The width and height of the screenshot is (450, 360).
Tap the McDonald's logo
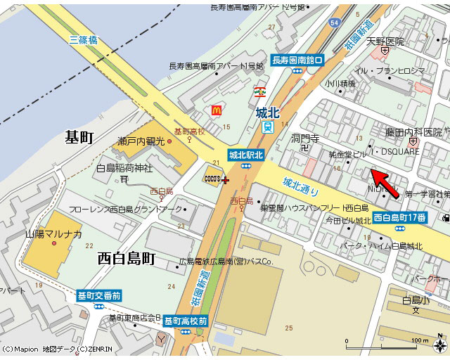point(217,110)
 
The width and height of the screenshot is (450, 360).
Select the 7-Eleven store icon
point(260,91)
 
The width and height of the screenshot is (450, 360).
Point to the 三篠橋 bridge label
point(84,40)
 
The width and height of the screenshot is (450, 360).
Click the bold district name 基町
point(79,136)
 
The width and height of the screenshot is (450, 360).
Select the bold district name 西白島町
point(126,258)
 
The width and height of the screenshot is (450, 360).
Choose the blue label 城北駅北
point(245,155)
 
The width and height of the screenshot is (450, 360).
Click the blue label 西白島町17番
point(399,217)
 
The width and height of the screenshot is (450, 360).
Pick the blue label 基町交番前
point(98,296)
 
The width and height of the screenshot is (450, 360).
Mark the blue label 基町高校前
point(186,321)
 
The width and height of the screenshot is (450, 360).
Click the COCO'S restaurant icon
point(212,179)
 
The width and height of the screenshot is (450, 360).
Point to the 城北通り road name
point(300,187)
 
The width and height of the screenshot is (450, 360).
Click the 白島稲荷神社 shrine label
point(124,168)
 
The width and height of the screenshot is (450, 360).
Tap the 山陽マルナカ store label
point(54,234)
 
